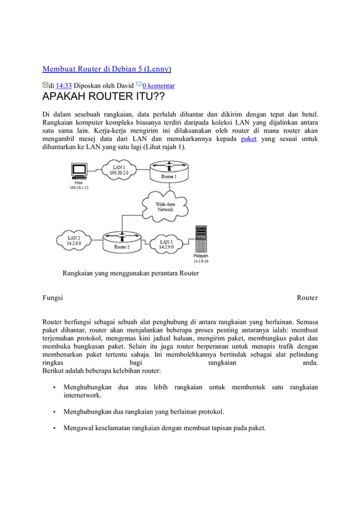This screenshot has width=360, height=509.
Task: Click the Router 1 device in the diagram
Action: click(x=169, y=172)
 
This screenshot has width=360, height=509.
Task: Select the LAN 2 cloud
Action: click(x=74, y=242)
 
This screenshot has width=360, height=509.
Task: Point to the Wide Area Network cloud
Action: click(x=165, y=206)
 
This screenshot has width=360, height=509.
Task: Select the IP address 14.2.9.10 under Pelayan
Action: click(x=201, y=261)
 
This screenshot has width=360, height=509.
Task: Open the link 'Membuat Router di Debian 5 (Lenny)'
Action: click(x=107, y=69)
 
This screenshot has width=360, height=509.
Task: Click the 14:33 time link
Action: click(x=63, y=86)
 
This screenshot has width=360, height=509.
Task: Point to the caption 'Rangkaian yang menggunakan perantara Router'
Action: click(x=130, y=274)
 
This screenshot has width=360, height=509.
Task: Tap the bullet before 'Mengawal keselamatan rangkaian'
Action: click(x=54, y=428)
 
